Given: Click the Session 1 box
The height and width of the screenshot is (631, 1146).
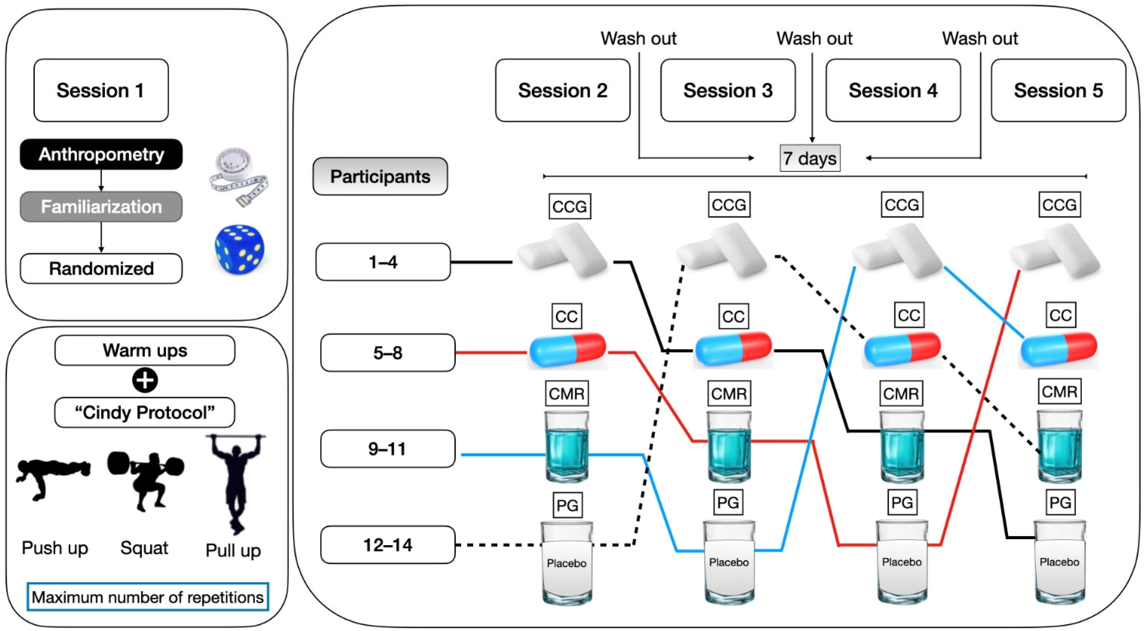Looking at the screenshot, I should pos(101,90).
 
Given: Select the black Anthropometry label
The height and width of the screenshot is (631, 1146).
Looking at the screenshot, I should pos(101,154).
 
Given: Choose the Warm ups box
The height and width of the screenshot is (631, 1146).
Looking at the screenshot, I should pos(145,350).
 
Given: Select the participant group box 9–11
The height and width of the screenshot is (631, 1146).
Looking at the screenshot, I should pos(387,449).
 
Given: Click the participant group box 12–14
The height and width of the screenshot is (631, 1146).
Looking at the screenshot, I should pos(387,545).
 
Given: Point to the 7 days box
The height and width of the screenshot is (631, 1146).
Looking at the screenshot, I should pos(810,158).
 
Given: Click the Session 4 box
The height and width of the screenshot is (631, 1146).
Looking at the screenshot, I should pos(893,90).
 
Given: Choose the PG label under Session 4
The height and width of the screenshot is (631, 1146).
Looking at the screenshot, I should pos(902,502).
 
